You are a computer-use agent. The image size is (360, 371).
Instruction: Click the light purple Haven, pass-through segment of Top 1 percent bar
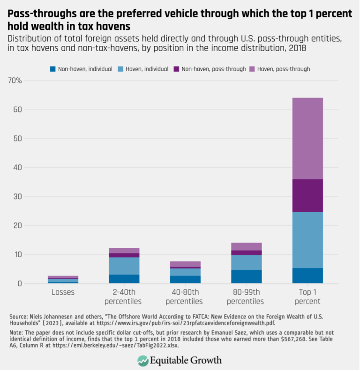point(307,138)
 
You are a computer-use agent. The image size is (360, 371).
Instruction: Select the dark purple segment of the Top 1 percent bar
point(307,195)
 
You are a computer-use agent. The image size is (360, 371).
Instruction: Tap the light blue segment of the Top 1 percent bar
point(307,240)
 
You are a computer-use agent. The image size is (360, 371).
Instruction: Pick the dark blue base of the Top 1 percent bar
point(307,275)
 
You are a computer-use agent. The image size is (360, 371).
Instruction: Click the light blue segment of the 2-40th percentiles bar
point(124,266)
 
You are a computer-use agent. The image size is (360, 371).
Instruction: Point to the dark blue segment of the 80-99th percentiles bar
point(247,276)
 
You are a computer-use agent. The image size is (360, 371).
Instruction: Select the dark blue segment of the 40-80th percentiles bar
point(185,279)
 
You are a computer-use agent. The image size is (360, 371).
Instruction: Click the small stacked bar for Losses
point(63,280)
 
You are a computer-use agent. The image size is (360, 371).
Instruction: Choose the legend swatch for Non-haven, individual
point(52,69)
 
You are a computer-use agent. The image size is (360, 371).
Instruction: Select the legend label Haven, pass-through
point(287,69)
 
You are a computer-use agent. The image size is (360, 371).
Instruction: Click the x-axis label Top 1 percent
point(307,296)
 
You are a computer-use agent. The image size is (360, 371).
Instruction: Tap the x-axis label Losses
point(63,292)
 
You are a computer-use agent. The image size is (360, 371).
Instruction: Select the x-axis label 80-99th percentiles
point(247,296)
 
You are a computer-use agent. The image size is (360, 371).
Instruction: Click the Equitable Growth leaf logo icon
point(143,360)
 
